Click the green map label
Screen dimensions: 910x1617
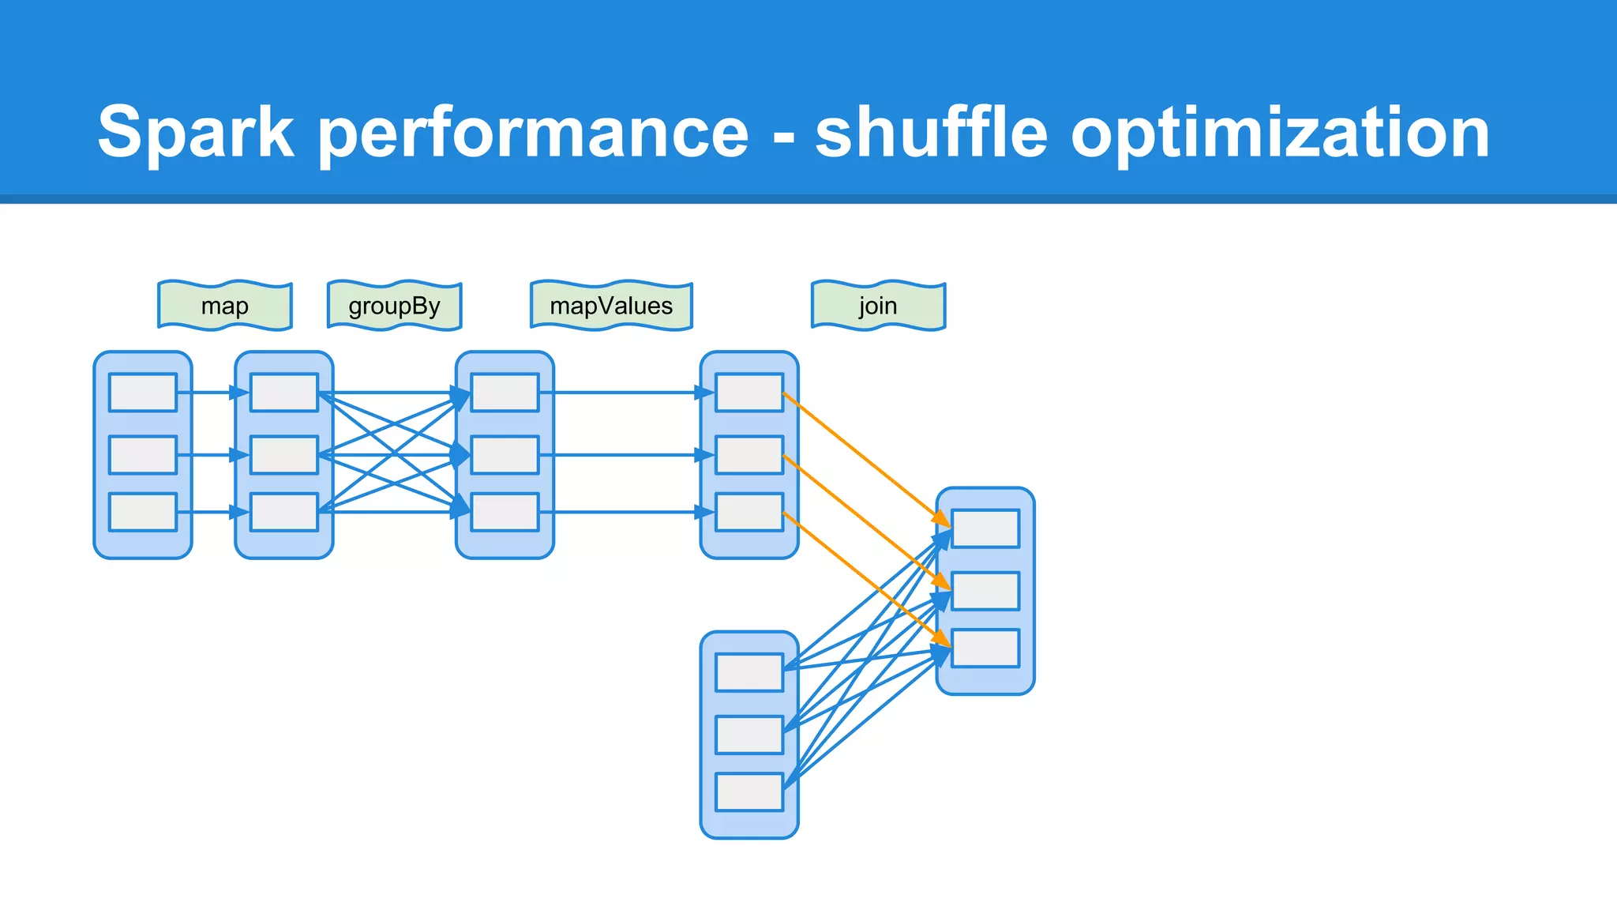point(225,306)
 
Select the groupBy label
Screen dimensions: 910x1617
point(394,306)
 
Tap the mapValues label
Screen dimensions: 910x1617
point(611,306)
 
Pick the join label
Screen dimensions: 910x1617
point(878,306)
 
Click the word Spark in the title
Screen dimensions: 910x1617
point(196,132)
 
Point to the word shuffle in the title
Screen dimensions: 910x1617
point(932,132)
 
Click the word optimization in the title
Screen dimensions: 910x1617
point(1280,132)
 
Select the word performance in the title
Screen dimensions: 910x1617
point(534,132)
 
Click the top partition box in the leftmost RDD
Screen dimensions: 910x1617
point(143,393)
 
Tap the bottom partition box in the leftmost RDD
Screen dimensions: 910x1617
point(143,513)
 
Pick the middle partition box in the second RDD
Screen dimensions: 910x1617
point(284,455)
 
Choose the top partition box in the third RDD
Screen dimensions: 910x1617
point(505,393)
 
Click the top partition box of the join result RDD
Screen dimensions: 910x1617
point(985,528)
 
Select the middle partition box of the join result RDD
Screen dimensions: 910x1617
point(985,591)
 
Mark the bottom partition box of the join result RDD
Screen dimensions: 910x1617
point(985,649)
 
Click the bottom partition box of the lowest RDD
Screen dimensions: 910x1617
point(749,792)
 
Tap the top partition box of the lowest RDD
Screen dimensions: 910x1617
point(749,672)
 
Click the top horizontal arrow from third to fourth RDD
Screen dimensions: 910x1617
point(624,393)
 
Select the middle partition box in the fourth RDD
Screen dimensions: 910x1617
point(749,455)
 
